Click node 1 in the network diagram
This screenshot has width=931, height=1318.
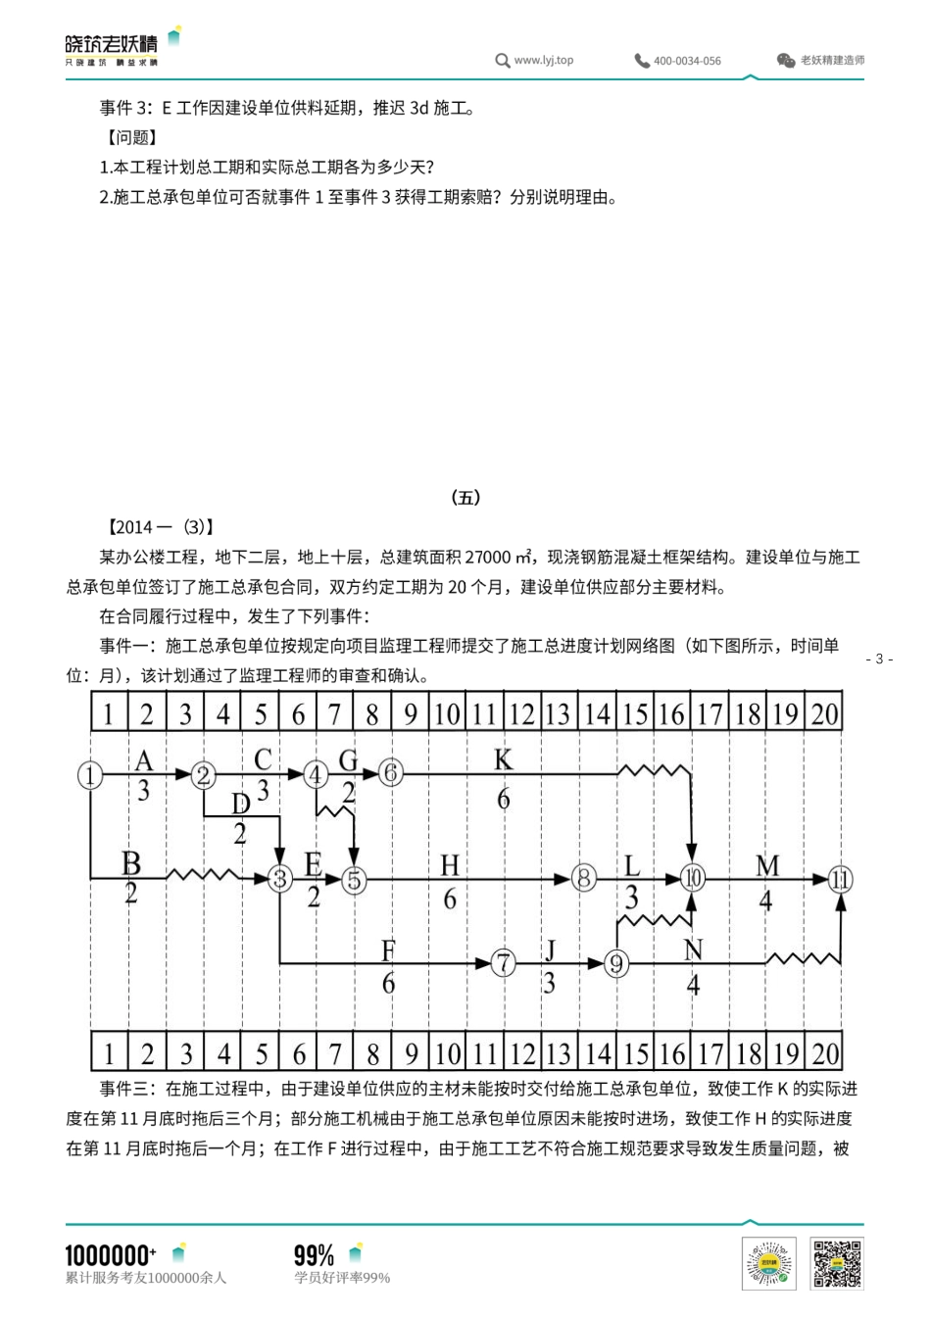pos(90,775)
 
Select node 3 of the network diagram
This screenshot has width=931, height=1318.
pos(280,879)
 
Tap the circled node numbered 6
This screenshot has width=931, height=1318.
pos(390,773)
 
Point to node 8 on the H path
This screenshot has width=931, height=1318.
pos(584,878)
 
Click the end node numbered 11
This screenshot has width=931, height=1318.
pos(840,879)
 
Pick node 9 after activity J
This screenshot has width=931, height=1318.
pos(616,964)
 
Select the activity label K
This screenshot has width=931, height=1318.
pos(503,759)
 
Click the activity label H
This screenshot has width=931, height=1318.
pos(450,865)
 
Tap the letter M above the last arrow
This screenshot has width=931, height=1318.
pos(767,865)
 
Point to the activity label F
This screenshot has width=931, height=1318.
pos(388,950)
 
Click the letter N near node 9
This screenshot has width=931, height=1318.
pos(693,950)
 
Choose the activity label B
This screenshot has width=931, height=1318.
pos(131,863)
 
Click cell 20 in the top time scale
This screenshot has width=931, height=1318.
pos(824,713)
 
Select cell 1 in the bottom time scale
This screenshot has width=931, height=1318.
pos(109,1053)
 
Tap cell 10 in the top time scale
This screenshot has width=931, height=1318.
pos(447,713)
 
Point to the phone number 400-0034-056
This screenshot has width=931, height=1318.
pos(687,61)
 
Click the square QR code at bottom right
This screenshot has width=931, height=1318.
pos(837,1263)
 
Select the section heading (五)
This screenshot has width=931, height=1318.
pos(465,497)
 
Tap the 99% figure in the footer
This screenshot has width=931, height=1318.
pos(314,1255)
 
